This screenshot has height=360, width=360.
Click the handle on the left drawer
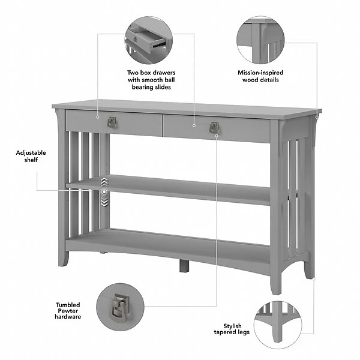click(x=112, y=122)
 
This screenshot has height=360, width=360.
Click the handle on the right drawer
click(x=214, y=128)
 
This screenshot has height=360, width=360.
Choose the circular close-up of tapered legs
click(x=277, y=322)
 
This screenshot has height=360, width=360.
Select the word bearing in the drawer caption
click(x=143, y=87)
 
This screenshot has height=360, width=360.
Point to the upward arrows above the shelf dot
click(x=104, y=181)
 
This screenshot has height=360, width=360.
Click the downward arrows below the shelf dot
click(x=104, y=202)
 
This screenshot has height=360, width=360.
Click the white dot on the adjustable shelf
click(x=104, y=191)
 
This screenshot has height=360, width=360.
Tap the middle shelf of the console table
click(x=180, y=187)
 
